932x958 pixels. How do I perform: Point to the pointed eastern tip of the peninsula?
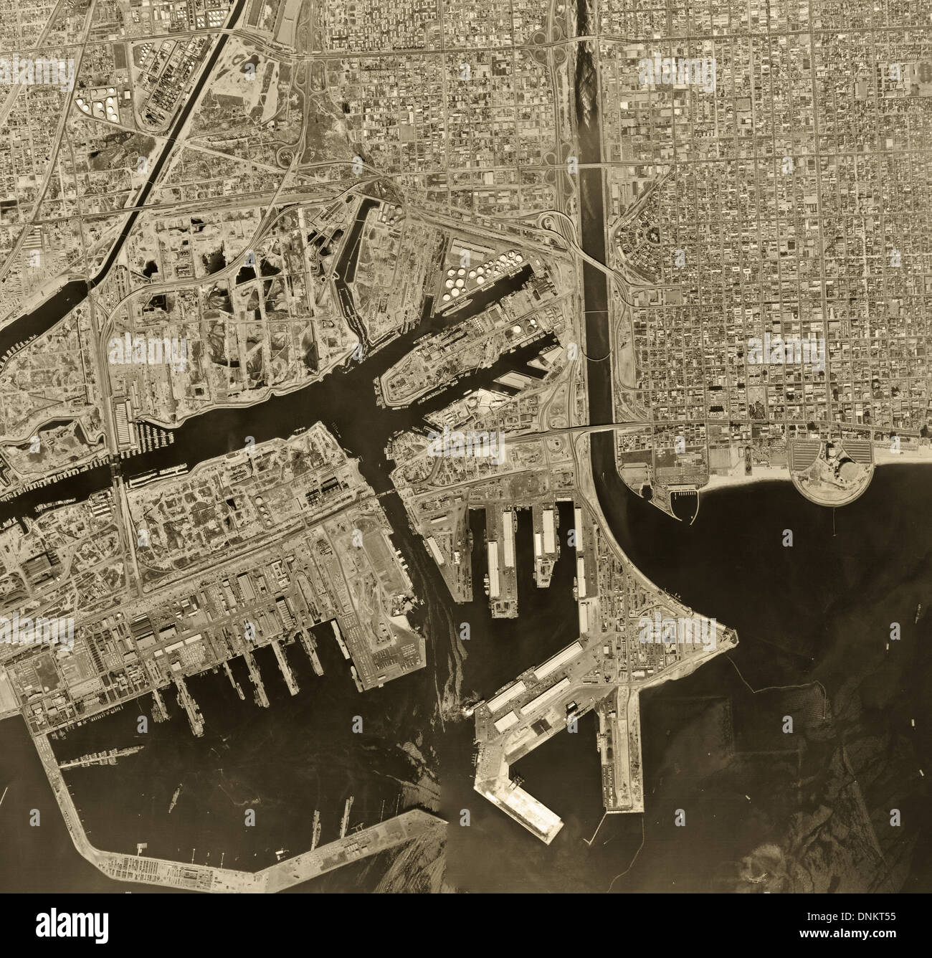click(733, 635)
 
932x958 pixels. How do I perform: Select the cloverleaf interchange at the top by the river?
click(553, 54)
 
